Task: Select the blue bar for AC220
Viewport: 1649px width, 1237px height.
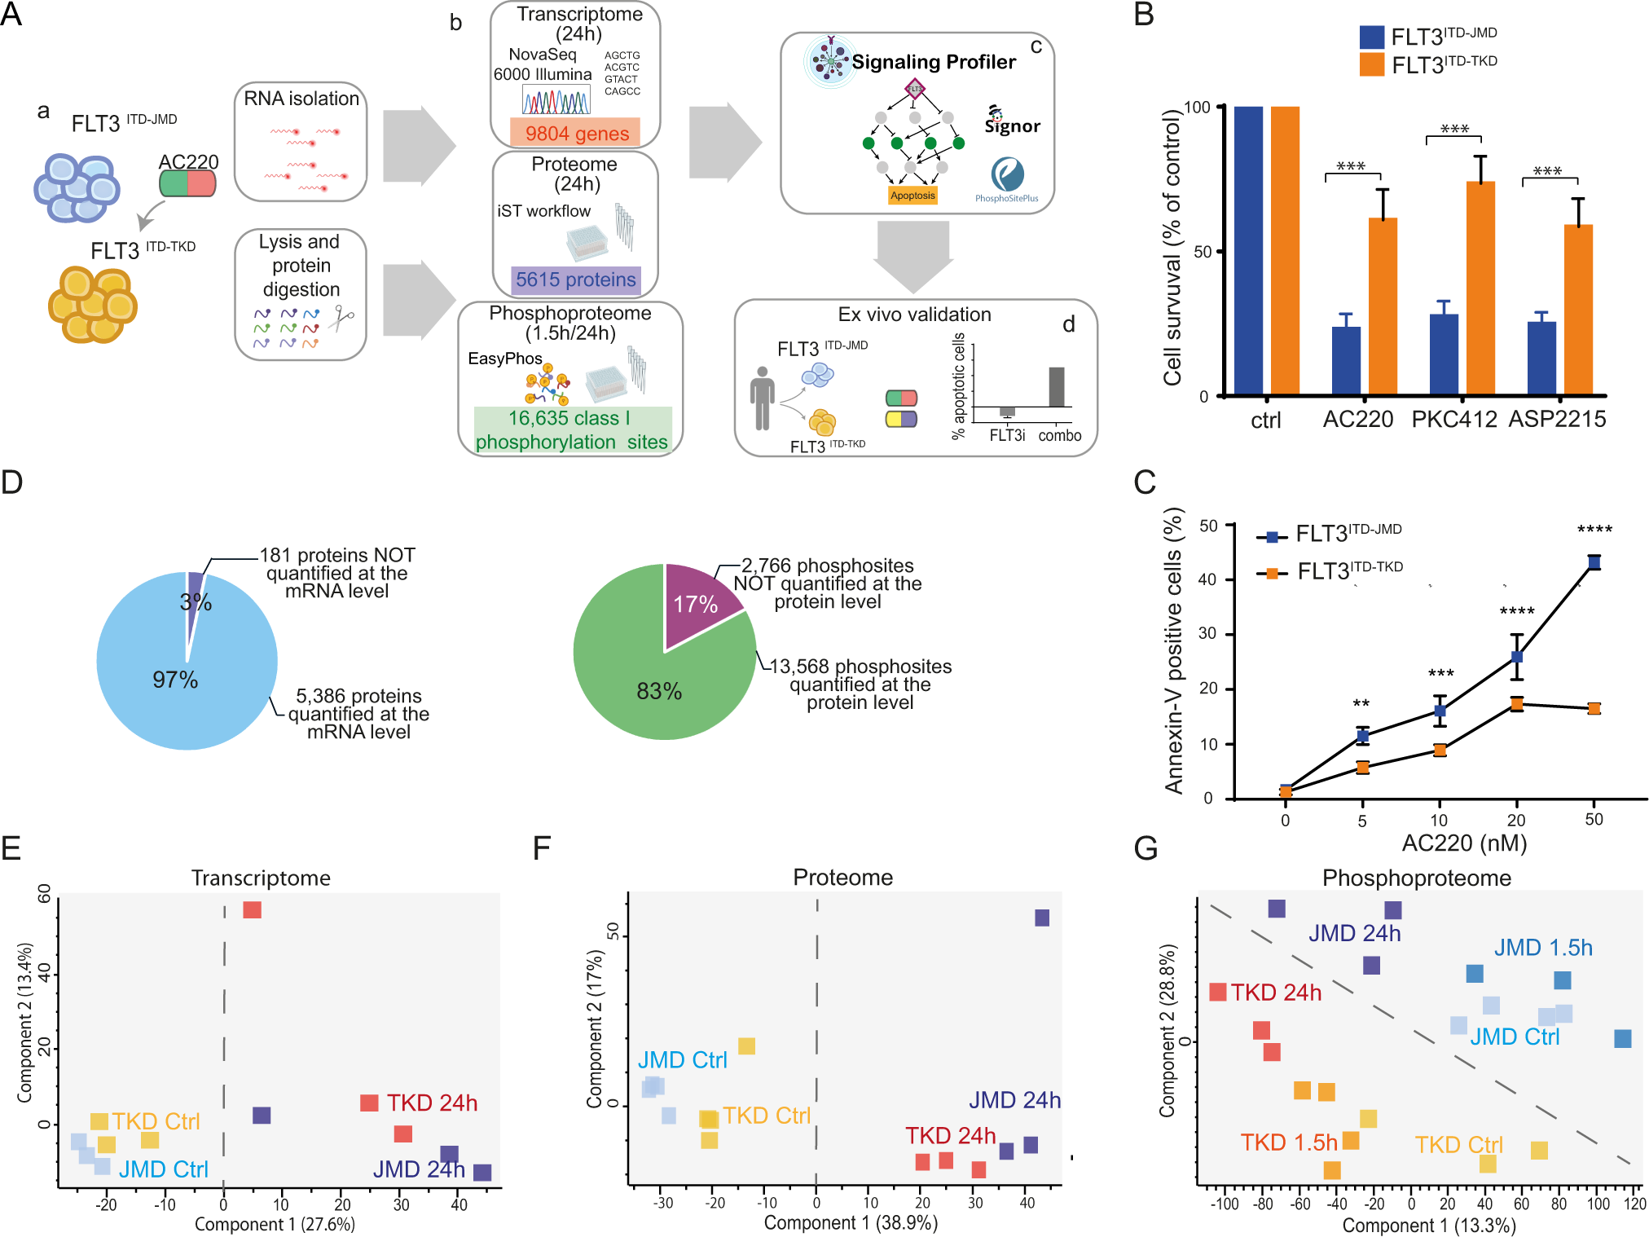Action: (x=1346, y=361)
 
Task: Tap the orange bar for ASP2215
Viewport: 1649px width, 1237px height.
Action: (x=1578, y=310)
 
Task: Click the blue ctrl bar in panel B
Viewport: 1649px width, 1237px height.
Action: (x=1248, y=250)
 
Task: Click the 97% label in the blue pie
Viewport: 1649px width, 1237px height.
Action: (x=175, y=680)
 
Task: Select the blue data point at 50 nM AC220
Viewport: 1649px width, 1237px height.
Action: (x=1594, y=562)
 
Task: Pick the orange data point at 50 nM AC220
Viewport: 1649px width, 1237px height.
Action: (x=1594, y=708)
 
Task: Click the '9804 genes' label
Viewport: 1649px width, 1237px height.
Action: (x=576, y=133)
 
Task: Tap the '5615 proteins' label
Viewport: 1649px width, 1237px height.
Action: (x=575, y=280)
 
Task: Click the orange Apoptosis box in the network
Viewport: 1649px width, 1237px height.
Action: (x=912, y=196)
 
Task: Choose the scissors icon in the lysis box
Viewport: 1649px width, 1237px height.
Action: (x=341, y=318)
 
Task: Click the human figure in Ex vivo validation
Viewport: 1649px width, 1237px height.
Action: (x=762, y=398)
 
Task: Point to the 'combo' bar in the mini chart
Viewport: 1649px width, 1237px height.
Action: (x=1057, y=387)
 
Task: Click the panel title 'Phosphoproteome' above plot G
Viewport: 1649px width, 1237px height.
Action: (x=1416, y=878)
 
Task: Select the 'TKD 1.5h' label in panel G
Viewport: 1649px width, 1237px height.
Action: (x=1288, y=1142)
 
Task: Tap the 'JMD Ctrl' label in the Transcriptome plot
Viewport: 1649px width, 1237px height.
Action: (x=163, y=1169)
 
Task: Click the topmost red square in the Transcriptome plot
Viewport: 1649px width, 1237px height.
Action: (x=252, y=909)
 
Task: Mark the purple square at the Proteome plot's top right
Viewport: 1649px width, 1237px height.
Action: (x=1041, y=918)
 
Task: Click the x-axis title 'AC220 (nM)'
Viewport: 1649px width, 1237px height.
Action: (x=1464, y=843)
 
